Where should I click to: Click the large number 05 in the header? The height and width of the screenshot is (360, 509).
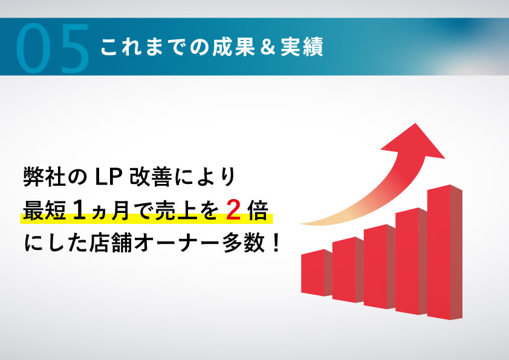pos(52,48)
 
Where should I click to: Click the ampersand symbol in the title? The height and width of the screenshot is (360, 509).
pos(268,47)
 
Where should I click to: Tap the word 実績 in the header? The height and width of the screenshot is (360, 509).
pos(302,47)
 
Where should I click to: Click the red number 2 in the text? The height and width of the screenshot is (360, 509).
pos(233,210)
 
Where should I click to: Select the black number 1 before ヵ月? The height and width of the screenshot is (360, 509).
pos(79,210)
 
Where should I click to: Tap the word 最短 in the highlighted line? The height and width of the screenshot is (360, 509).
pos(45,211)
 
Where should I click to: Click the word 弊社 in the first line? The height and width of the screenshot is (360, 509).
pos(45,177)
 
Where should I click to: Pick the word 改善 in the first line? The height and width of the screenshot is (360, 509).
pos(151,177)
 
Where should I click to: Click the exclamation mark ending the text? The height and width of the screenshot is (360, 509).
pos(276,243)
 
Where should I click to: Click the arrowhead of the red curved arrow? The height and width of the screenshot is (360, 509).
pos(413,142)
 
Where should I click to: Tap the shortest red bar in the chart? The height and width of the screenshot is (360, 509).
pos(317,273)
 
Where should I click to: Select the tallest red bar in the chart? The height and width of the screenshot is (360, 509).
pos(445,252)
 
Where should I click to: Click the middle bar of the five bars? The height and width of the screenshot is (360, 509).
pos(379,266)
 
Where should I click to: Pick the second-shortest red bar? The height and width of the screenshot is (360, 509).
pos(348,270)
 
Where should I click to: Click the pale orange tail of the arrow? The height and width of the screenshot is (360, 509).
pos(322,221)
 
